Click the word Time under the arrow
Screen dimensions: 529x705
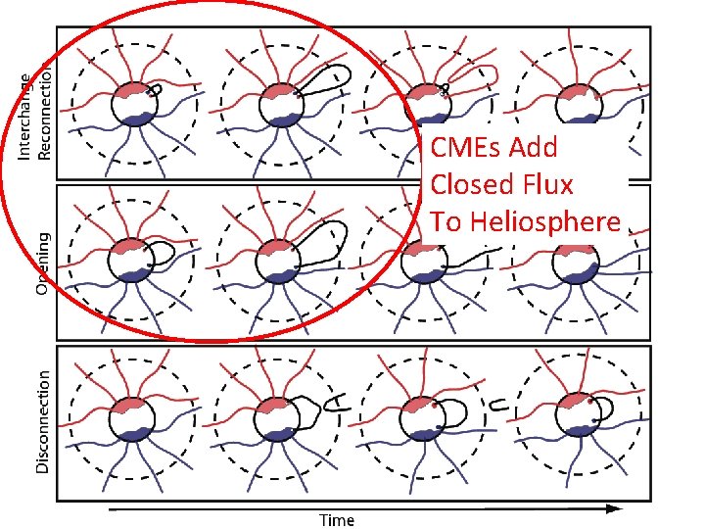[337, 520]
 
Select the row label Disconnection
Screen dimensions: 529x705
[43, 421]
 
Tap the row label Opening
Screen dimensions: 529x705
[43, 263]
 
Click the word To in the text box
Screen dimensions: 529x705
[446, 221]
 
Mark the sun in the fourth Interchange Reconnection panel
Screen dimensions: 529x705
[574, 104]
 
